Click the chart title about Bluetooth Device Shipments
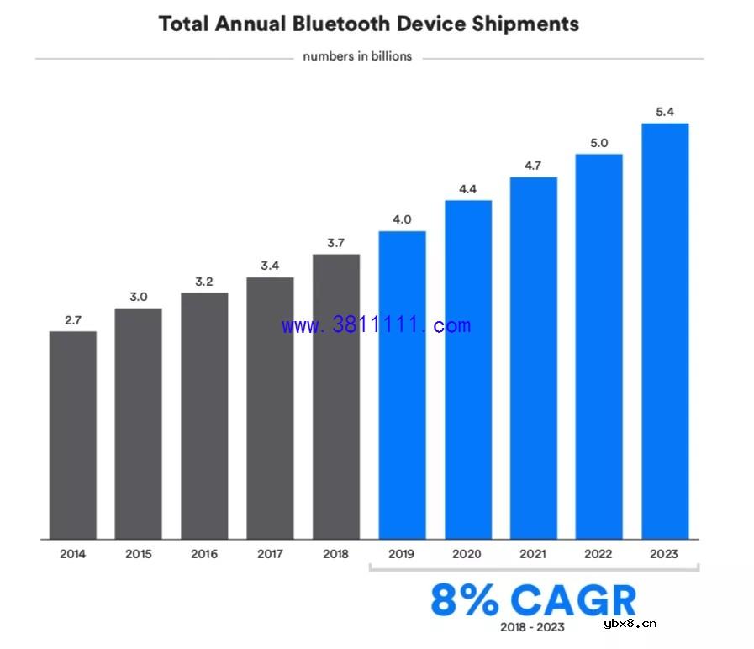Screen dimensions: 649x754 369,24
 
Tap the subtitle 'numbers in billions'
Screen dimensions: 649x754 357,57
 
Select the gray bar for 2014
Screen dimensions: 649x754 72,435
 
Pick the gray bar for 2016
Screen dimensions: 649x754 204,415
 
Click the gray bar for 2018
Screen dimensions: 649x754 336,396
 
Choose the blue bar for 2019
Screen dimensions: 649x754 402,384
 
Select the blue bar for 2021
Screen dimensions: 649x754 533,357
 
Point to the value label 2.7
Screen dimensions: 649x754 72,320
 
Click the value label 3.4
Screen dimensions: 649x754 270,266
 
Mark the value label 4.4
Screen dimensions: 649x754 467,189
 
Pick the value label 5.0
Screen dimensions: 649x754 598,143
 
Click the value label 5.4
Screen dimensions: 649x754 665,112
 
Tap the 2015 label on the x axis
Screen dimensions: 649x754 138,554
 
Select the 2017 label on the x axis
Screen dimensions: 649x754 270,554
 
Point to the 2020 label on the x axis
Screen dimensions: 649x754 467,554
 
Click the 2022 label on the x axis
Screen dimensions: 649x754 598,554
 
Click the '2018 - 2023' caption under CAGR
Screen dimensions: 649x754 532,627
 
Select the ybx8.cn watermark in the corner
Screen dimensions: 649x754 630,623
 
